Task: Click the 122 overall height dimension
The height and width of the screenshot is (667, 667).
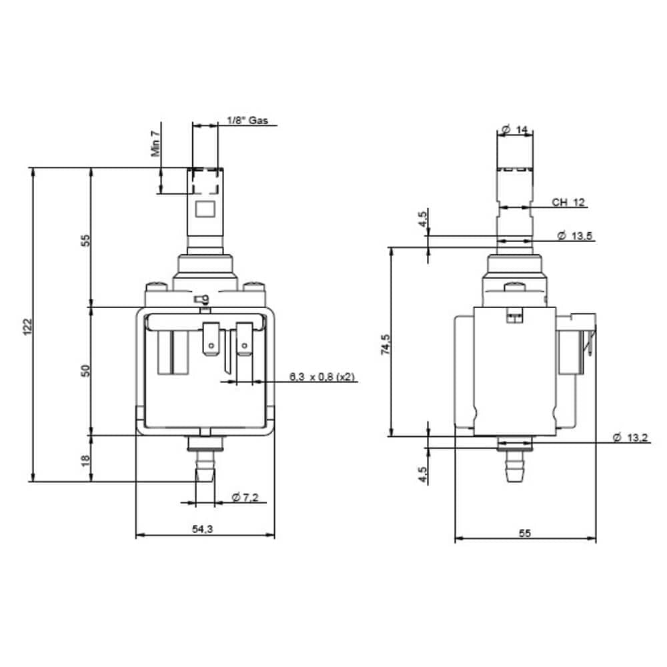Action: [27, 326]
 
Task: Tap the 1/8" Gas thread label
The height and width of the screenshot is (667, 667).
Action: [247, 120]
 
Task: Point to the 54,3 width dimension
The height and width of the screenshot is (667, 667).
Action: [203, 529]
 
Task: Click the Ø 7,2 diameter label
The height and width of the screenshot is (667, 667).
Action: [245, 497]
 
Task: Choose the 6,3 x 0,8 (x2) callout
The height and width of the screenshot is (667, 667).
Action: [322, 376]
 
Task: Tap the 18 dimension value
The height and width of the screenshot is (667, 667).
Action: [85, 460]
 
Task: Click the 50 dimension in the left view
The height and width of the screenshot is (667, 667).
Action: [85, 370]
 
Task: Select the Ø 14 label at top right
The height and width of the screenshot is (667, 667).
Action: [515, 129]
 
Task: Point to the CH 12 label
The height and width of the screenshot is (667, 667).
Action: [568, 203]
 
